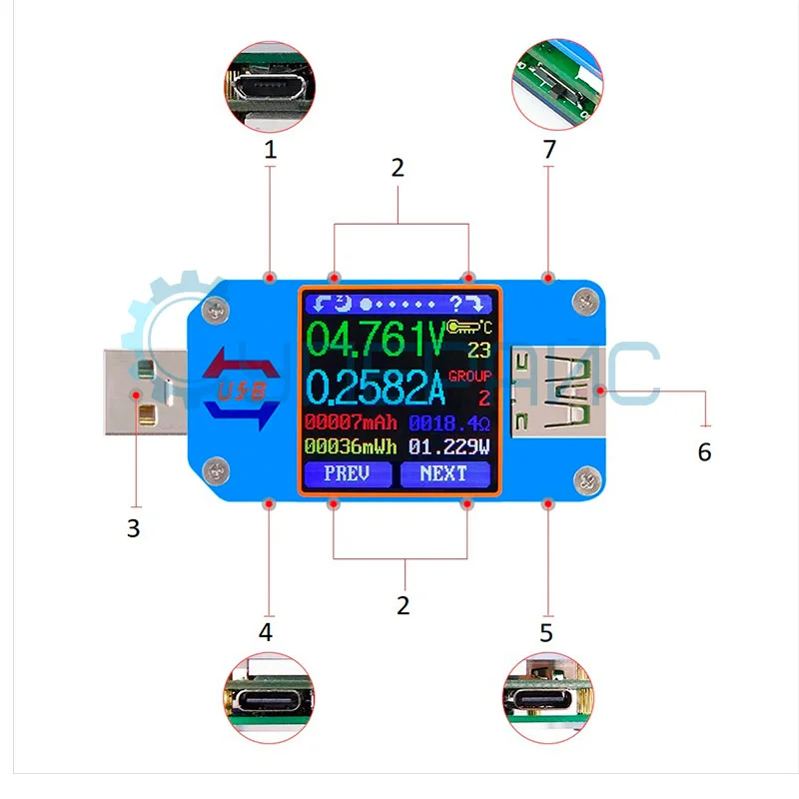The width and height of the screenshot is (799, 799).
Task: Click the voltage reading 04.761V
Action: (375, 340)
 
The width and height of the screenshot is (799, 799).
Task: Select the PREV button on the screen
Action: (348, 473)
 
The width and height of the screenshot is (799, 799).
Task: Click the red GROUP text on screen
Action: (470, 377)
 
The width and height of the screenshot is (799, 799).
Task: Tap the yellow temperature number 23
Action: (478, 351)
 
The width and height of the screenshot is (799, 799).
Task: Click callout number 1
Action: (270, 150)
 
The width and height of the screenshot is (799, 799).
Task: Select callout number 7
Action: (548, 150)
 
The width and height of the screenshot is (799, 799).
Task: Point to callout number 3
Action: (134, 527)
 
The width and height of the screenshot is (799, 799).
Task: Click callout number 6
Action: (704, 451)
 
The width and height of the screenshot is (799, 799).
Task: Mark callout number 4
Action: (266, 631)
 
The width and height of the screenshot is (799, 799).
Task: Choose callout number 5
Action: (545, 632)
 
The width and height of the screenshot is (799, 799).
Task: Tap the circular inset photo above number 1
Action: (270, 87)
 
